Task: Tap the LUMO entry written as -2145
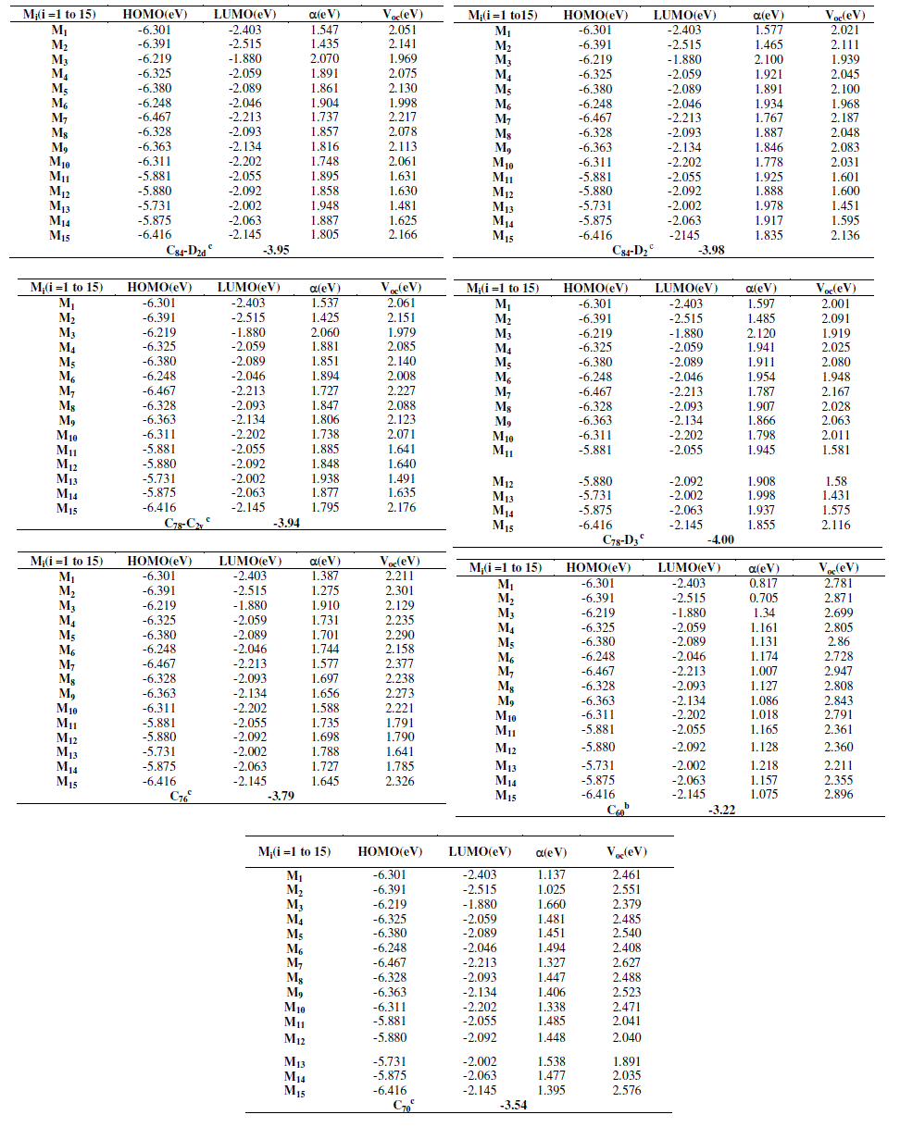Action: click(686, 235)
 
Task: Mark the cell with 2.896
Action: click(837, 795)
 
